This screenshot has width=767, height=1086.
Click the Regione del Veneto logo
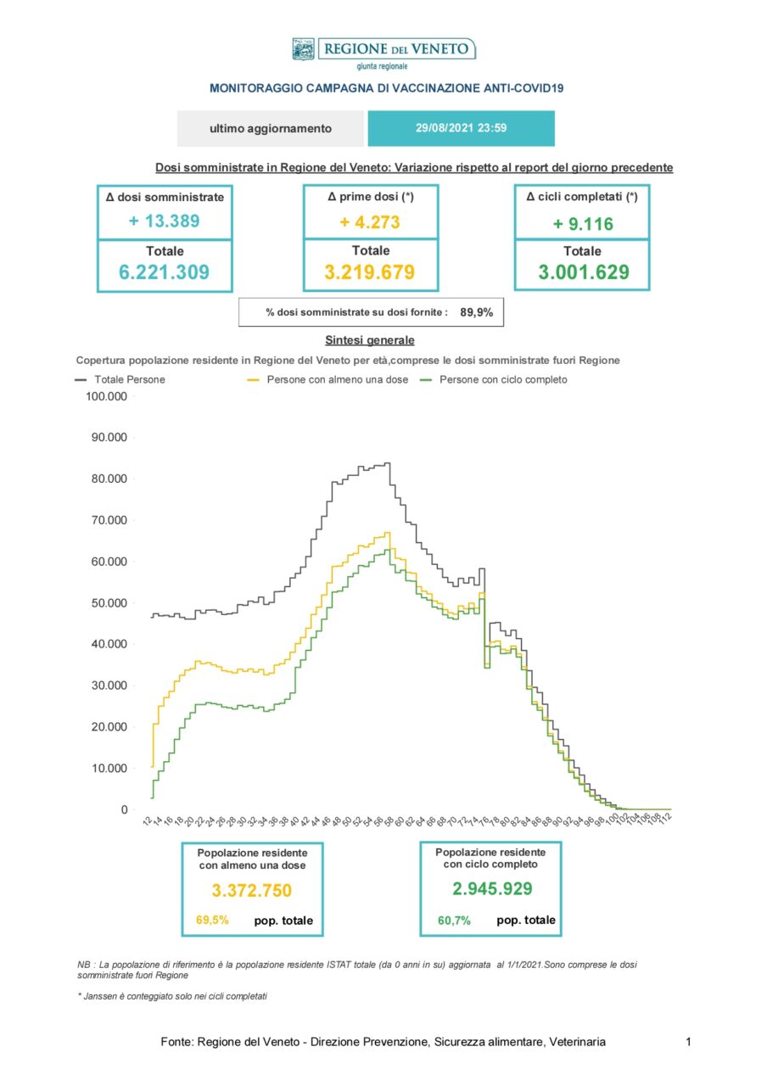tap(383, 53)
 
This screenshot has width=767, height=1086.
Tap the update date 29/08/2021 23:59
tap(461, 128)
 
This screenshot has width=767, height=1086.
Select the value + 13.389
tap(164, 221)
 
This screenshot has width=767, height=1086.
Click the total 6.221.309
tap(164, 272)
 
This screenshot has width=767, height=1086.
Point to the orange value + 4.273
tap(370, 222)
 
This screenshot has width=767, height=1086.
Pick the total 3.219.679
tap(369, 272)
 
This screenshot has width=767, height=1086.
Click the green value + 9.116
tap(583, 224)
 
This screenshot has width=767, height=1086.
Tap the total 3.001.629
tap(583, 272)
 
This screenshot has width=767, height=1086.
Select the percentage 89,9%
tap(476, 313)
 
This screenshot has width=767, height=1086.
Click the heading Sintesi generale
tap(369, 340)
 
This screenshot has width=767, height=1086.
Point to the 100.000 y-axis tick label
tap(106, 396)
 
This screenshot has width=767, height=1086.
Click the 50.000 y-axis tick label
tap(109, 603)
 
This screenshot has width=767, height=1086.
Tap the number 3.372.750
tap(252, 891)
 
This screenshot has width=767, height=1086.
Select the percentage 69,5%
tap(212, 921)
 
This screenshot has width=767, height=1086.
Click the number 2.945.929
tap(492, 888)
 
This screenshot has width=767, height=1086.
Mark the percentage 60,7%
tap(454, 921)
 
